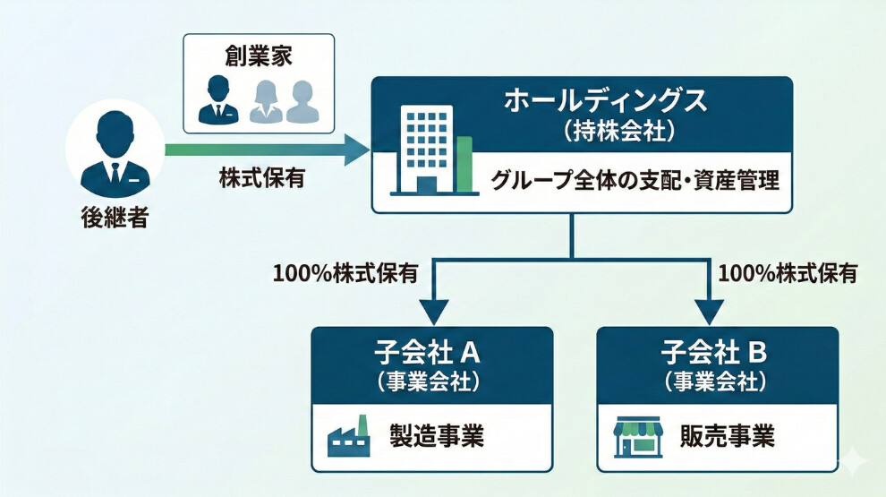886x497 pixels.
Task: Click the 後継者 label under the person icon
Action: tap(115, 217)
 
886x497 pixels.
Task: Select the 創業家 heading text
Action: tap(259, 56)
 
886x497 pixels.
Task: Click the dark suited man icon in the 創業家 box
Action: tap(218, 99)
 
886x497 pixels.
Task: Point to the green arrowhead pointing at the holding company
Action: tap(357, 150)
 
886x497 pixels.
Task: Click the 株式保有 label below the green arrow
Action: tap(262, 177)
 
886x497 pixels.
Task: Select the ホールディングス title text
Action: tap(605, 100)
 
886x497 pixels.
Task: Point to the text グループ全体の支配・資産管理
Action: tap(635, 181)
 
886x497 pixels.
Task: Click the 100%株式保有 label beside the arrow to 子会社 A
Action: tap(345, 274)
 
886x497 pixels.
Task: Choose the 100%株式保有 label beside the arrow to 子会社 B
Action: tap(788, 274)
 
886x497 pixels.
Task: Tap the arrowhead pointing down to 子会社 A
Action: tap(434, 312)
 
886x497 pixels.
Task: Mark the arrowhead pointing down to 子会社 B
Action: tap(711, 312)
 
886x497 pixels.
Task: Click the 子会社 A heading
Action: tap(427, 353)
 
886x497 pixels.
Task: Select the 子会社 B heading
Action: tap(714, 353)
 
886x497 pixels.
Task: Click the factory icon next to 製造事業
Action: tap(349, 436)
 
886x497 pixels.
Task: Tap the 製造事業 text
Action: tap(437, 436)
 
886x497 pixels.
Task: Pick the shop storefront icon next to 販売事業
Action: tap(637, 436)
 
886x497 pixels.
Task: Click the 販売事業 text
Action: tap(728, 436)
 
